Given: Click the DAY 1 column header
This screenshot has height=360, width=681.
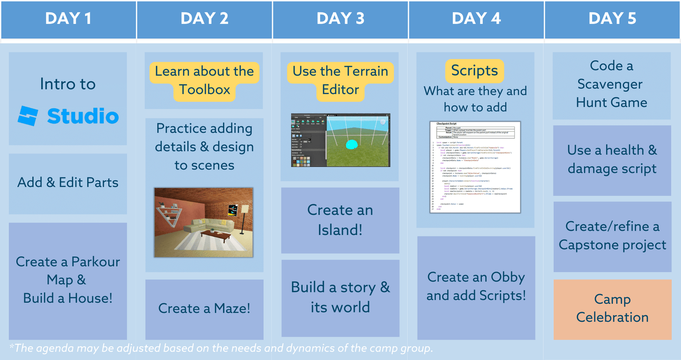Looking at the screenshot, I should click(68, 19).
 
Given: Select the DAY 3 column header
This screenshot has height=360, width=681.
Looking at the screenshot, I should click(340, 19).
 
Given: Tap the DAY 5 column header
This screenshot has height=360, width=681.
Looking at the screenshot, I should click(612, 19).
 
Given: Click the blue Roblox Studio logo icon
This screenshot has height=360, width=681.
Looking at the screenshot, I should click(28, 116).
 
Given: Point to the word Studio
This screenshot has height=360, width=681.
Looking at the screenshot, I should click(83, 116).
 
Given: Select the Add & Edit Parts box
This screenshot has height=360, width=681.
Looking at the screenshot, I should click(68, 183).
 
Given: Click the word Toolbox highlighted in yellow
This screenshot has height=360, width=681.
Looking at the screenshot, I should click(204, 90).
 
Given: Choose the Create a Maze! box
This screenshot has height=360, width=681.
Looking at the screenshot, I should click(204, 309).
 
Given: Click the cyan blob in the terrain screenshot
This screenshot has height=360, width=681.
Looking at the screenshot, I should click(352, 145).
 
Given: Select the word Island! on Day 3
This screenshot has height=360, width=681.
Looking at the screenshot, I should click(340, 230).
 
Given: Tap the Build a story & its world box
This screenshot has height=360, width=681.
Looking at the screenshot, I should click(340, 297).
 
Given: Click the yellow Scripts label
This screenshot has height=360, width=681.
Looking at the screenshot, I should click(475, 71).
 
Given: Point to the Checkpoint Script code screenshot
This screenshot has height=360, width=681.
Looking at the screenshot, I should click(475, 167).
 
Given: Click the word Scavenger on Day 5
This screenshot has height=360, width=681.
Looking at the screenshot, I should click(610, 84).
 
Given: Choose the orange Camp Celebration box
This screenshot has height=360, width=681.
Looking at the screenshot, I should click(612, 309).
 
